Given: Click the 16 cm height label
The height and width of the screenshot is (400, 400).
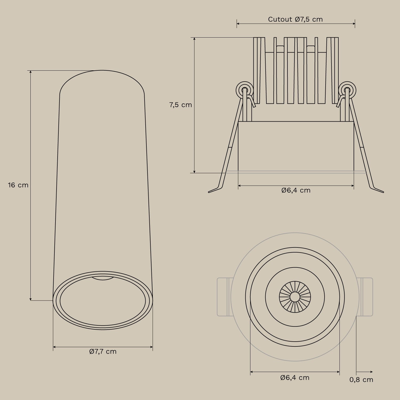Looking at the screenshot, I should point(18,185).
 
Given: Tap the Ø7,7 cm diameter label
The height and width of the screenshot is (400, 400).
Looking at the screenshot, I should point(103,351).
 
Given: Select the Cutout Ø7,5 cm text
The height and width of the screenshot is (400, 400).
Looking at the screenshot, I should point(295,19).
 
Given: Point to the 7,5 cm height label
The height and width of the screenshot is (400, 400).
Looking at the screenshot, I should point(181,105).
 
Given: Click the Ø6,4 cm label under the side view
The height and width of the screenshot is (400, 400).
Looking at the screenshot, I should point(296,190).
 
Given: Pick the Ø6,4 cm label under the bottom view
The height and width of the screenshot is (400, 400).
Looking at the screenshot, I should point(295,378).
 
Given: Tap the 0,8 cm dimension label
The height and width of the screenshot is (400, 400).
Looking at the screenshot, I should point(361,380).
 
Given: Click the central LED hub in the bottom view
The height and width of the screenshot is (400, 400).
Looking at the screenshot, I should point(295,297).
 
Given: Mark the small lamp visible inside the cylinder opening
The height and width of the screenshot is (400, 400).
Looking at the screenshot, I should point(103,278).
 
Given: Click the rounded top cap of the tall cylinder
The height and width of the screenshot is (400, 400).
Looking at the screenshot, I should point(102,80).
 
